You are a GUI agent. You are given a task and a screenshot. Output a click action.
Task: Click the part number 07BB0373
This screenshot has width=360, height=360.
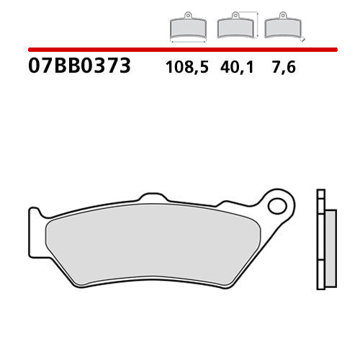click(79, 67)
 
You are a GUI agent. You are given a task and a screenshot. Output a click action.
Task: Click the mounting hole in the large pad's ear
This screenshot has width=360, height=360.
click(276, 207)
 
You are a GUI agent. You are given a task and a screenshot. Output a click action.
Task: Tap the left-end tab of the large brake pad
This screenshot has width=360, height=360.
click(35, 219)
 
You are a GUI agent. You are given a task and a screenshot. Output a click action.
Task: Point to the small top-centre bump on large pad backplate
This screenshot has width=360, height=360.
click(153, 197)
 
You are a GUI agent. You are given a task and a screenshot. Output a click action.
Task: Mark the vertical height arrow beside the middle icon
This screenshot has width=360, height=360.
click(256, 24)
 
